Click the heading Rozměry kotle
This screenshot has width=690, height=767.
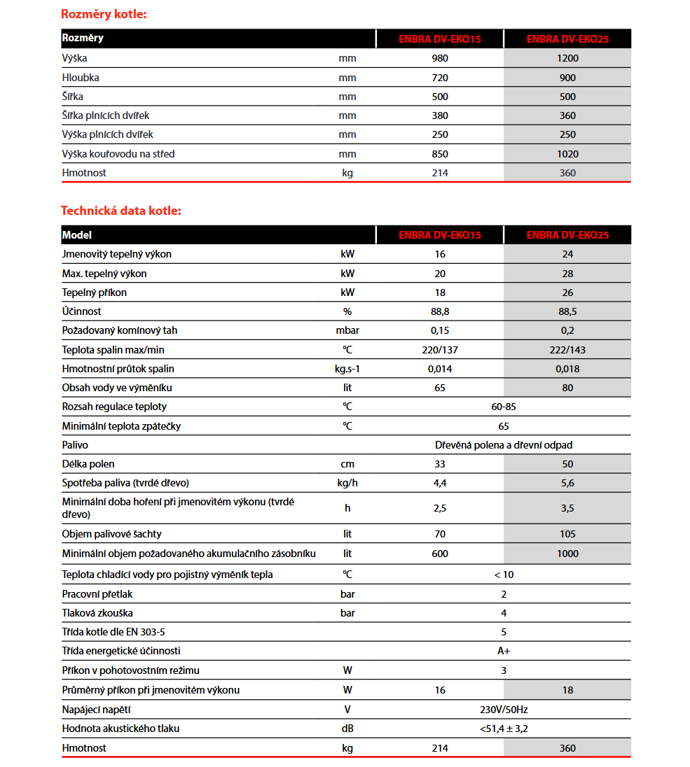(104, 14)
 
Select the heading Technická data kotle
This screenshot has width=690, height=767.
(120, 210)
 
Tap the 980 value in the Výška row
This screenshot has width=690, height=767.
(440, 59)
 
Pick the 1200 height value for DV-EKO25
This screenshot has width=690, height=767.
(567, 59)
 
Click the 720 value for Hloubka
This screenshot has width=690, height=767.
(440, 78)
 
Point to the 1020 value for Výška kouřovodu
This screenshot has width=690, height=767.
(567, 154)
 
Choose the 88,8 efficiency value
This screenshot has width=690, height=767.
(440, 311)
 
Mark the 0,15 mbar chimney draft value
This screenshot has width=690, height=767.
(440, 330)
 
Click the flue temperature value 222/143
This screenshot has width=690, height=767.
(567, 350)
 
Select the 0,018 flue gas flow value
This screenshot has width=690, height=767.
(567, 369)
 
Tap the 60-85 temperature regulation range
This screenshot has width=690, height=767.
(504, 407)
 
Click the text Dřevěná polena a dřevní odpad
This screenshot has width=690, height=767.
(504, 445)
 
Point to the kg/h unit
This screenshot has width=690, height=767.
(347, 483)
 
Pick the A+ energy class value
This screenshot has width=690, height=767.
(504, 651)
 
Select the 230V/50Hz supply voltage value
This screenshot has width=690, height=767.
(504, 710)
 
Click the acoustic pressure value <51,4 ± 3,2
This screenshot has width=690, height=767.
(504, 729)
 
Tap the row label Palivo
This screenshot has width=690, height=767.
(75, 445)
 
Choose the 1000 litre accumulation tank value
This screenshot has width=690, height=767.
(567, 554)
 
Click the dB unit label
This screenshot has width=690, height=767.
(347, 729)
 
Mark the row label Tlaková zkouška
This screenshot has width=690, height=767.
(97, 613)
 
